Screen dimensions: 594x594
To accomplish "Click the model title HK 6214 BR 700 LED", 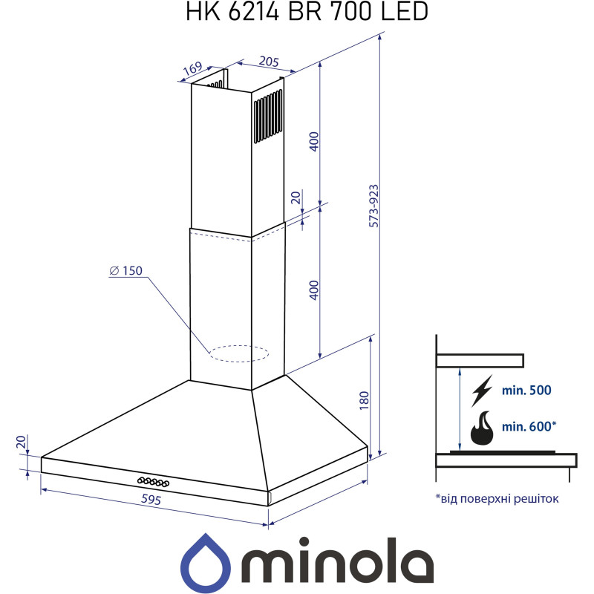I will (x=297, y=13).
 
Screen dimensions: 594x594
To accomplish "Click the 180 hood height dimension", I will (x=363, y=400).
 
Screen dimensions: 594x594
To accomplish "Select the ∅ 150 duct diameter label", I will (x=125, y=271).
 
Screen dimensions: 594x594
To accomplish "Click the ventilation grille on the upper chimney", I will (x=268, y=117).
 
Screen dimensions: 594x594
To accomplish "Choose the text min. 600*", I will (x=529, y=426).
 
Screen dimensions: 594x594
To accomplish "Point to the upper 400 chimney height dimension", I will (x=313, y=141).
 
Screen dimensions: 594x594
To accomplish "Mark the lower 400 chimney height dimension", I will (x=313, y=290).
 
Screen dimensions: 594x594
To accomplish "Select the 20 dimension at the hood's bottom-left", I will (x=22, y=443).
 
